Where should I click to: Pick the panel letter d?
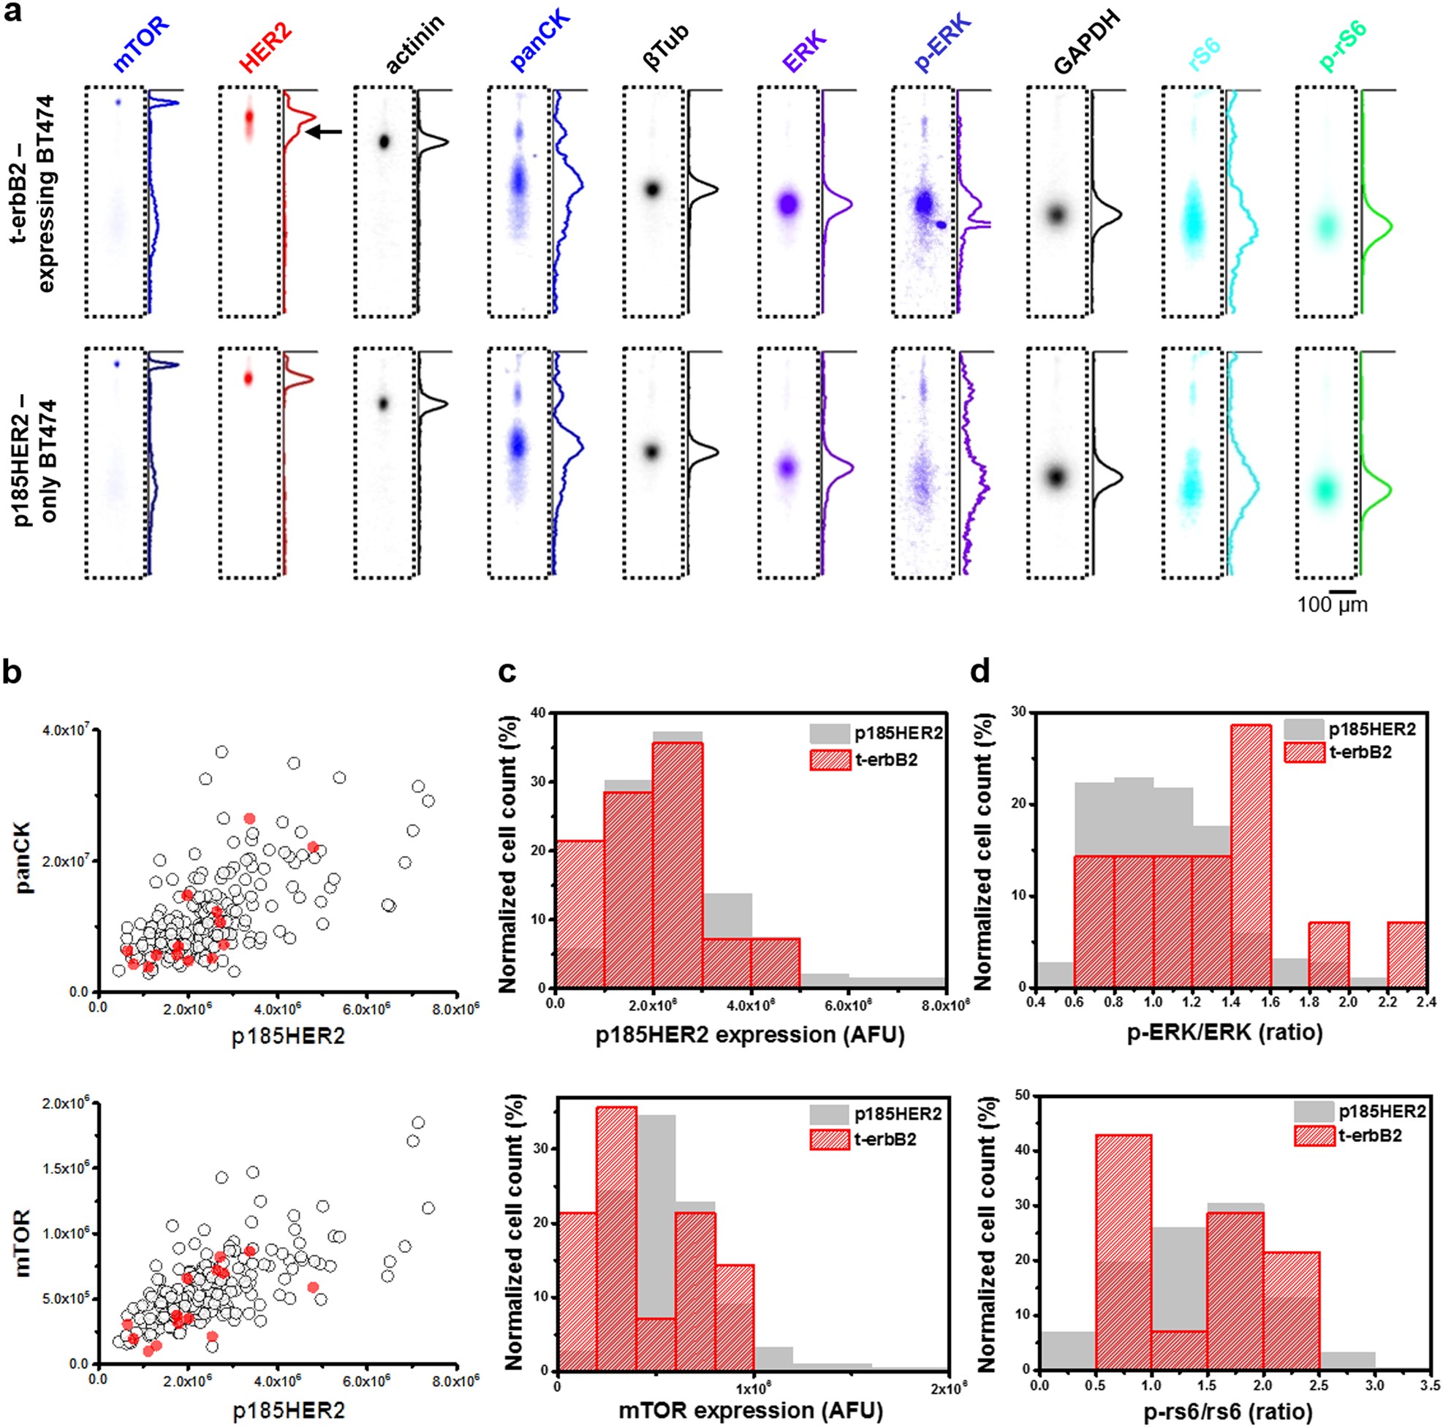coord(980,673)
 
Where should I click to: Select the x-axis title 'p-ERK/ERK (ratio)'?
coord(1227,1033)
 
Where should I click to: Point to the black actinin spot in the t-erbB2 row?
coord(385,141)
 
